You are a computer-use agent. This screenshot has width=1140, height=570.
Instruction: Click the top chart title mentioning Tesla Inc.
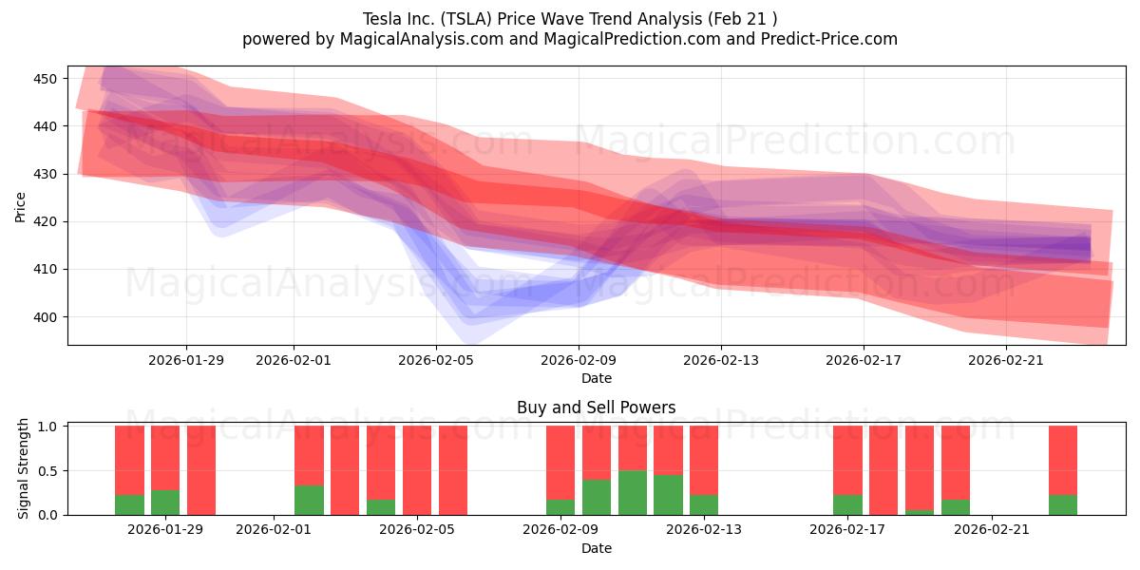click(x=570, y=18)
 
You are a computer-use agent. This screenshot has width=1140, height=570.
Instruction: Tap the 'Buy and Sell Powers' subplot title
click(x=596, y=408)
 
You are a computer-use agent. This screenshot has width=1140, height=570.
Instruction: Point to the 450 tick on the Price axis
click(x=47, y=78)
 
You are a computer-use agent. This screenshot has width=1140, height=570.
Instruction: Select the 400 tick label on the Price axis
click(x=47, y=317)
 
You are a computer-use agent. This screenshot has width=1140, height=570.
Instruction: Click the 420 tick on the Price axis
click(x=47, y=221)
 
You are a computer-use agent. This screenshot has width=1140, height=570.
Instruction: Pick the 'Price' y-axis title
click(x=21, y=205)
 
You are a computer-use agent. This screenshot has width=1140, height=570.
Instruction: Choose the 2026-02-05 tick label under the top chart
click(x=436, y=360)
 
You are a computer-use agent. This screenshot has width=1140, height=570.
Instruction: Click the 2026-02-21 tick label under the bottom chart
click(x=991, y=529)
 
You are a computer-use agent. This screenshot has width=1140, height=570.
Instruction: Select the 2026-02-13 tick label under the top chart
click(x=721, y=360)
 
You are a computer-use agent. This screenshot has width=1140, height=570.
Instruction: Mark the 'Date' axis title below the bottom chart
click(x=596, y=548)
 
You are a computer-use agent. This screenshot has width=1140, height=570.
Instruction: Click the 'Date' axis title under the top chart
click(x=596, y=378)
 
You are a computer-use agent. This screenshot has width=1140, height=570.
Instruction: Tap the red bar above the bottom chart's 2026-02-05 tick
click(x=417, y=470)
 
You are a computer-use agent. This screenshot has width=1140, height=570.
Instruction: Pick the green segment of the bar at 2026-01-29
click(x=165, y=503)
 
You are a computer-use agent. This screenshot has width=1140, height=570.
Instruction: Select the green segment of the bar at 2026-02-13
click(x=704, y=504)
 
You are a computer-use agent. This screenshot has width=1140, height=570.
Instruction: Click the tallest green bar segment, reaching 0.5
click(x=633, y=492)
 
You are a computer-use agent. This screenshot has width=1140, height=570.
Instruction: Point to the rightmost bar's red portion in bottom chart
click(x=1063, y=460)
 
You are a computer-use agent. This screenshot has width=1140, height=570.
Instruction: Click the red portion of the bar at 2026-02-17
click(x=847, y=460)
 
